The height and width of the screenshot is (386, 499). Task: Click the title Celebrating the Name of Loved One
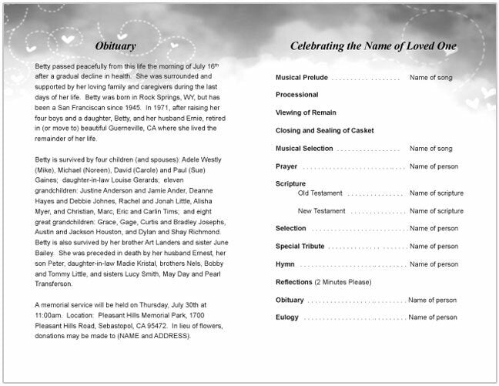(373, 46)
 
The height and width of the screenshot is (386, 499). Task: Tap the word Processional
(296, 95)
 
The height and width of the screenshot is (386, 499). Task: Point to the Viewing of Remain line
(306, 112)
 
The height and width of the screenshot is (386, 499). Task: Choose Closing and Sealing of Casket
(324, 131)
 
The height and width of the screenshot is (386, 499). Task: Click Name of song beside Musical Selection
(434, 149)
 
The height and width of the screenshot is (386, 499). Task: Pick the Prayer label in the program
(286, 166)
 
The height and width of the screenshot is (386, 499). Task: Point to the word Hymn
(285, 264)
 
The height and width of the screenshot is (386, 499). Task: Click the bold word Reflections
(293, 282)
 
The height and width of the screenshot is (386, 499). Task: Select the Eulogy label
(287, 317)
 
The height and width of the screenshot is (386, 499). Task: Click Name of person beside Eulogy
(434, 317)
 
